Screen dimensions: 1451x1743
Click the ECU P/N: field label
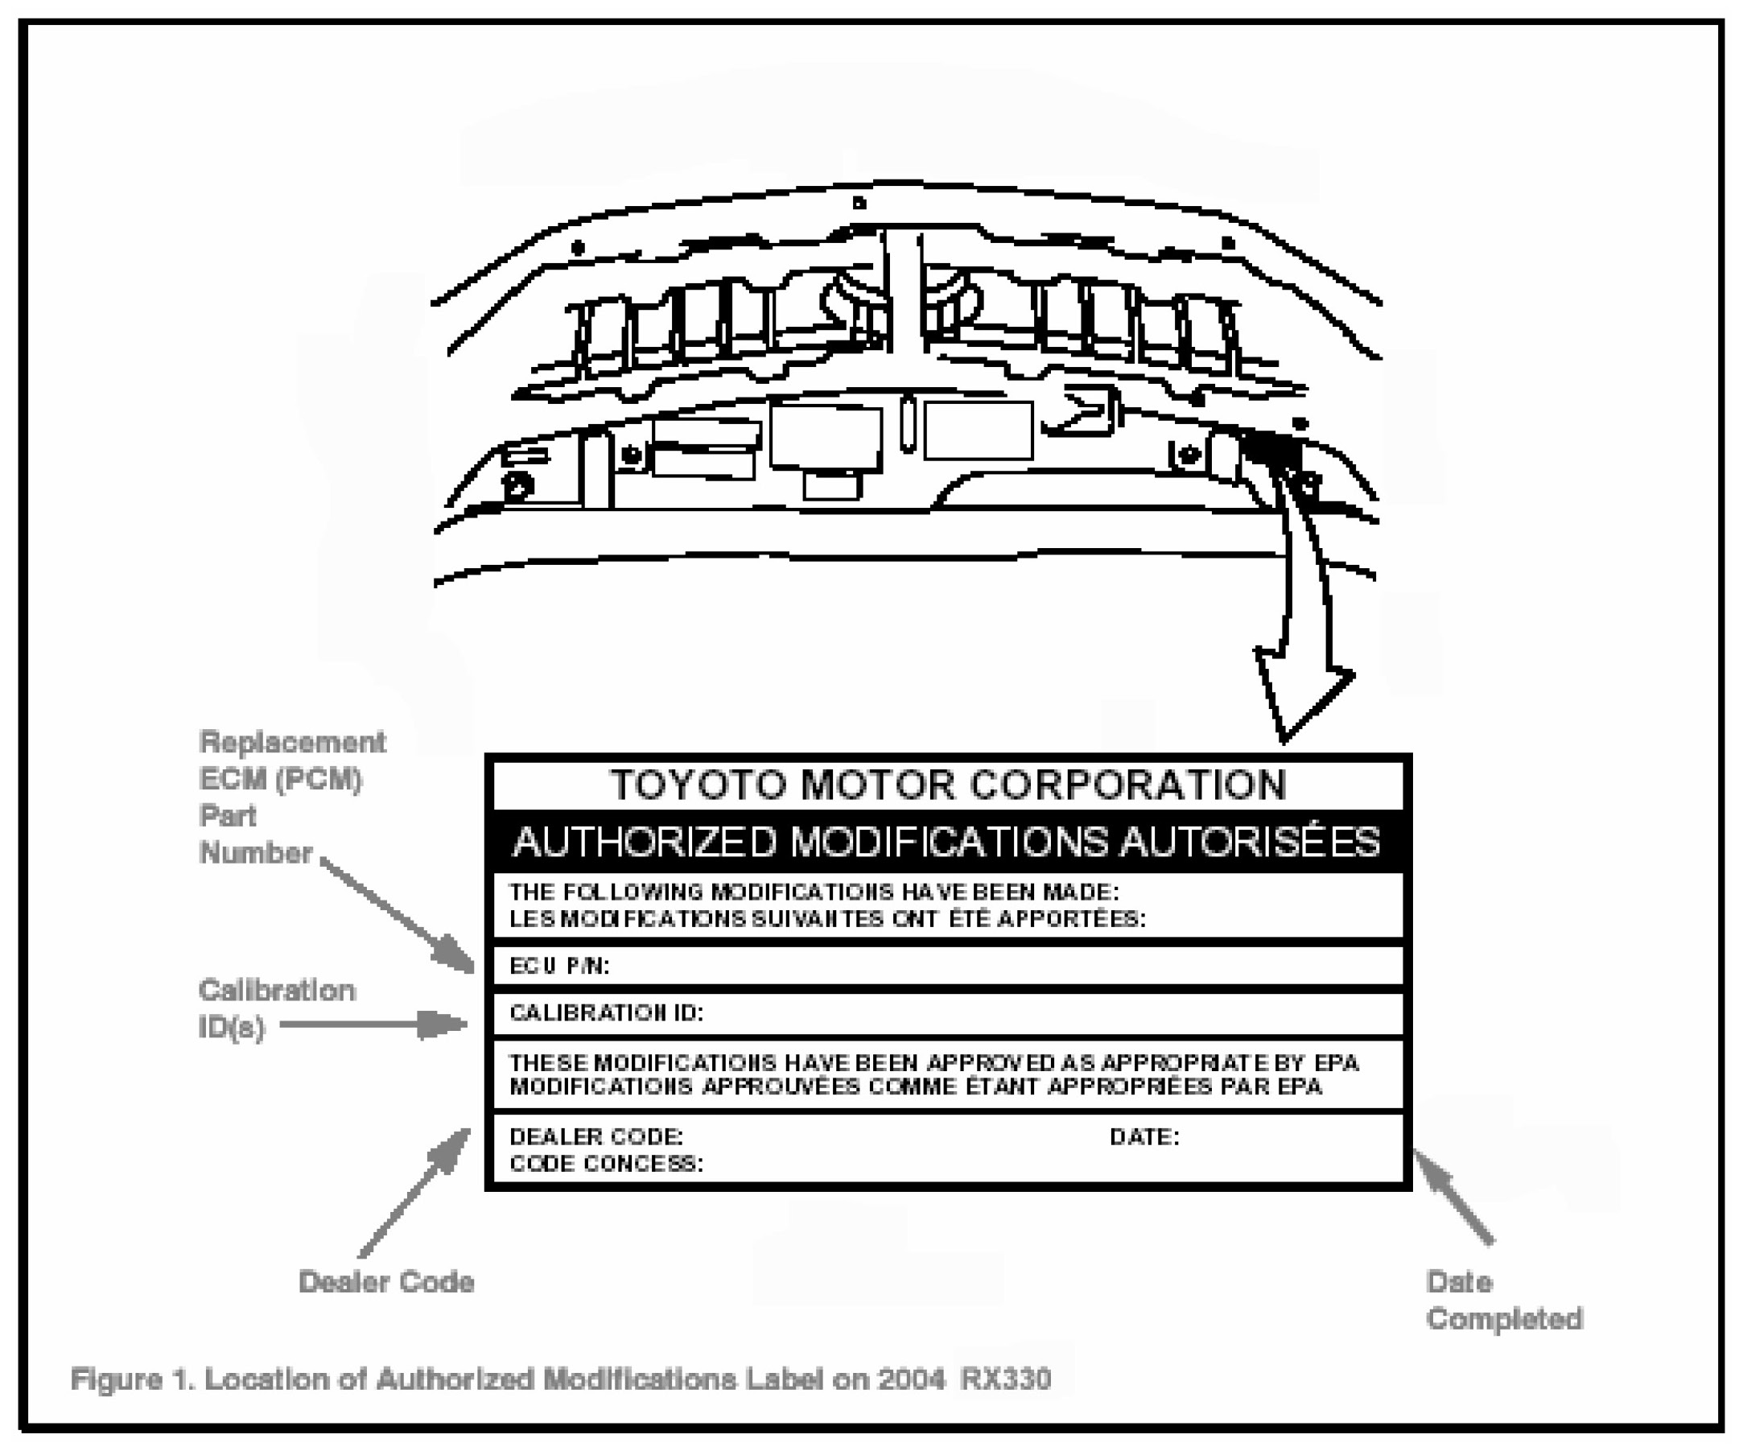558,967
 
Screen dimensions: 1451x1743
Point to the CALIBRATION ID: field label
606,1012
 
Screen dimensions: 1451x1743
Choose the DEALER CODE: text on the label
595,1136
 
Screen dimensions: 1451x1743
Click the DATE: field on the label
1143,1136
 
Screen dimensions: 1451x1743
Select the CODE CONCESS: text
606,1164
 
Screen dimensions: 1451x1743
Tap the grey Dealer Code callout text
386,1282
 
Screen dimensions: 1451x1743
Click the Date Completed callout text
1503,1300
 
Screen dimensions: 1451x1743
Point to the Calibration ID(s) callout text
275,1008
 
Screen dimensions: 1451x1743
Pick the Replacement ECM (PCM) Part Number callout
290,797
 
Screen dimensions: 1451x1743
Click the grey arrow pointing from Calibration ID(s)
373,1024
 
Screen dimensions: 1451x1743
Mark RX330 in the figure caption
1005,1379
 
